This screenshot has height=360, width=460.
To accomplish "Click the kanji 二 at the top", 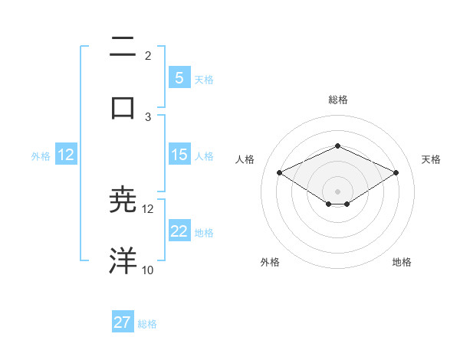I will [123, 49].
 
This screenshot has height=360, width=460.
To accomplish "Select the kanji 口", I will [123, 106].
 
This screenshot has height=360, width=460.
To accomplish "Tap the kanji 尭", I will [123, 199].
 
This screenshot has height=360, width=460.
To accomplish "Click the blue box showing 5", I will [179, 77].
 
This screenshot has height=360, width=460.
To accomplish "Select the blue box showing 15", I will [179, 155].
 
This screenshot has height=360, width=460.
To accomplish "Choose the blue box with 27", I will [123, 322].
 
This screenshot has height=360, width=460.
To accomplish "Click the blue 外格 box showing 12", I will [65, 155].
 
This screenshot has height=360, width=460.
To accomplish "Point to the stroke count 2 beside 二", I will [148, 56].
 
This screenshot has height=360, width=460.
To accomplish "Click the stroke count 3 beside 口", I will [148, 116].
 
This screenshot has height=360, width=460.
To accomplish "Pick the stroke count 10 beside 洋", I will [148, 270].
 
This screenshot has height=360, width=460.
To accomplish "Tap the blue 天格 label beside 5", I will [204, 79].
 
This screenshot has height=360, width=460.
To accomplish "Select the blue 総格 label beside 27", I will [147, 324].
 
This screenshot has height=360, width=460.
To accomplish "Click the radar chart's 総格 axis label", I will [337, 100].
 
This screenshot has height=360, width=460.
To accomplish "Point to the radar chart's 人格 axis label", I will [245, 159].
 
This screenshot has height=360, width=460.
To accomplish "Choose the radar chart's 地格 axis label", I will [402, 262].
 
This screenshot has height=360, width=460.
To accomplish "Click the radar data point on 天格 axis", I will [396, 172].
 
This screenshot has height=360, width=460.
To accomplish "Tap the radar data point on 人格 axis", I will [279, 172].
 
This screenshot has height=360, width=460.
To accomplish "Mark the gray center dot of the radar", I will [337, 191].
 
